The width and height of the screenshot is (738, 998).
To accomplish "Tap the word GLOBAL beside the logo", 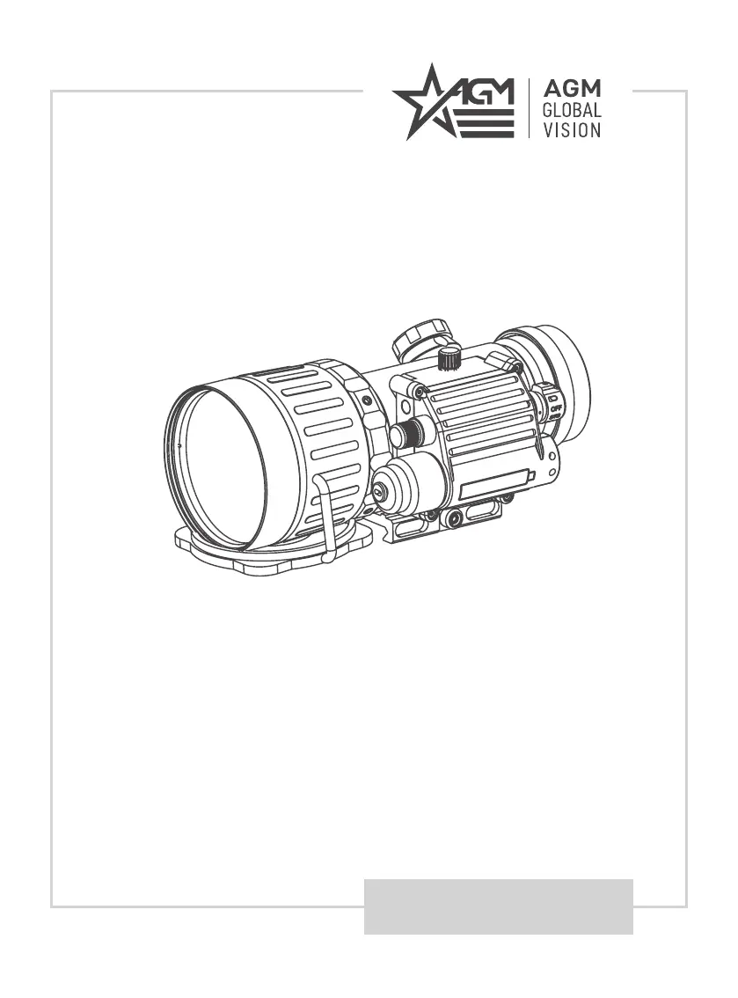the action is pos(572,110).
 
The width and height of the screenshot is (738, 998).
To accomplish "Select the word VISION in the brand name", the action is pos(572,130).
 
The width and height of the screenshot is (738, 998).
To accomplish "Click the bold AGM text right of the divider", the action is pos(572,89).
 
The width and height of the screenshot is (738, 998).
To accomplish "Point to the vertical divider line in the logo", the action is pos(530,108).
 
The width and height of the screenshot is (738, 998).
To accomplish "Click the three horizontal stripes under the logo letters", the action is pos(485,123).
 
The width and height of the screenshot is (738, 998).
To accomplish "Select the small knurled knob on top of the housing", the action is pos(449,357).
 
